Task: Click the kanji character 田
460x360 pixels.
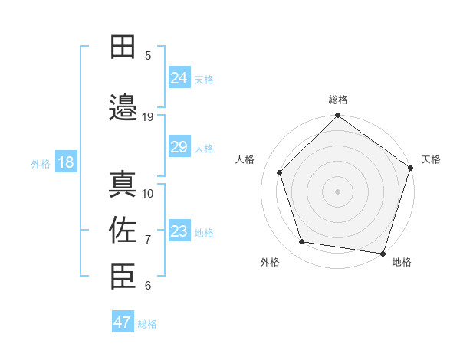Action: (x=123, y=47)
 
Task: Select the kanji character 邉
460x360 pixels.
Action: (x=123, y=108)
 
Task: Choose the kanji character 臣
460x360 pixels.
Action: (x=123, y=276)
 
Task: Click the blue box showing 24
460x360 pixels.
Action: (x=179, y=77)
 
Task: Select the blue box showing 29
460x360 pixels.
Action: (x=179, y=147)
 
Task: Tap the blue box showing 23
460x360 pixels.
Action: (x=179, y=231)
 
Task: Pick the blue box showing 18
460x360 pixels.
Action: (x=65, y=162)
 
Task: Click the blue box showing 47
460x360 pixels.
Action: (x=123, y=322)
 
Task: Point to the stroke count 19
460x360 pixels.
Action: (x=148, y=117)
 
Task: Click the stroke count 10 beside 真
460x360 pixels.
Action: (x=148, y=193)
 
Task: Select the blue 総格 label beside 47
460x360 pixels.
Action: (x=147, y=324)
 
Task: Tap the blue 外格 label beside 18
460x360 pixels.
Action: (x=41, y=163)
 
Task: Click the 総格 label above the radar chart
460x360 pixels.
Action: (x=338, y=100)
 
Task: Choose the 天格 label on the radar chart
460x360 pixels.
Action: (x=431, y=159)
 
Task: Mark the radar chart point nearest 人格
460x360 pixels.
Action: (x=279, y=172)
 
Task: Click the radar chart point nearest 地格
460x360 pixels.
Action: (x=383, y=252)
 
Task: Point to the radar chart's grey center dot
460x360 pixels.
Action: (x=337, y=191)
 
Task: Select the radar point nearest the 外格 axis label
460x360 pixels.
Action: (x=302, y=242)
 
